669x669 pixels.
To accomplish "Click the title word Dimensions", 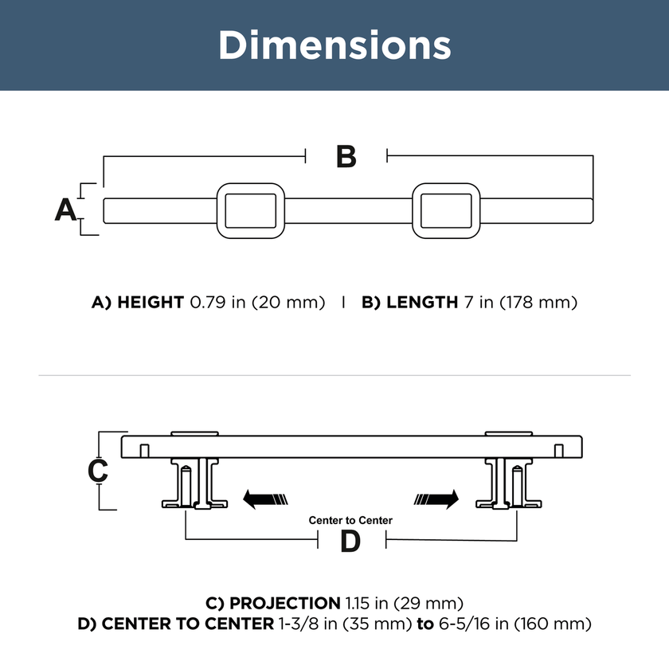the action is (334, 45).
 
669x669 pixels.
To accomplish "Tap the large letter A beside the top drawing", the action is (65, 209).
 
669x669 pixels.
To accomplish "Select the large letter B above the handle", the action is (346, 157).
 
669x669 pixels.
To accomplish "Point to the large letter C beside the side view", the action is (98, 471).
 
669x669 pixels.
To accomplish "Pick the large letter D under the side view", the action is (350, 542).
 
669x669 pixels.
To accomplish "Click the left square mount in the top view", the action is (251, 211).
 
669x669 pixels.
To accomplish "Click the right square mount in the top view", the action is (446, 211).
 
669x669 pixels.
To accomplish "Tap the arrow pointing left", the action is (265, 499).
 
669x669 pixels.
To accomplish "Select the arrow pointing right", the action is (436, 499).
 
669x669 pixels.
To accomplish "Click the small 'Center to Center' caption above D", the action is (350, 520).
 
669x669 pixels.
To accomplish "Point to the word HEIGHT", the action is (151, 302).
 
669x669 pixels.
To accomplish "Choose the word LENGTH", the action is (422, 302).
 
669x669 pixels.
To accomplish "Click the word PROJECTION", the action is (285, 604).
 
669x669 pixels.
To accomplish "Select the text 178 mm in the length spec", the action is (538, 302).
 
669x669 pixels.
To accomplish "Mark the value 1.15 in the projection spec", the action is (358, 604).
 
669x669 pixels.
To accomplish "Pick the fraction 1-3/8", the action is (298, 624).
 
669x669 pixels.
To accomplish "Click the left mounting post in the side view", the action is (194, 483).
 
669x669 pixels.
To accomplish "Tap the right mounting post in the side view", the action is (509, 483).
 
